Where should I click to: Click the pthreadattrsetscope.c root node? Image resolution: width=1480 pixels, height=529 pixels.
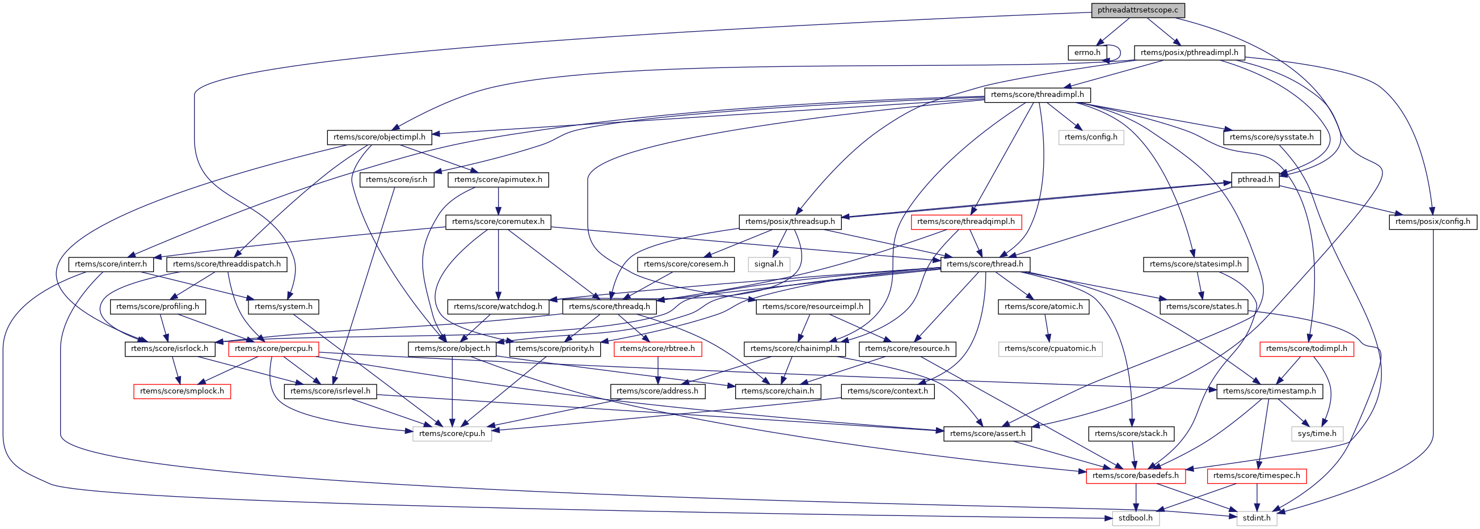click(x=1137, y=10)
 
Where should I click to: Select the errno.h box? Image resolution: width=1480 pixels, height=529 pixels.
click(x=1087, y=53)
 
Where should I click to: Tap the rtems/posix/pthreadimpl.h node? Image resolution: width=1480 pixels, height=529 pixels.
click(x=1190, y=53)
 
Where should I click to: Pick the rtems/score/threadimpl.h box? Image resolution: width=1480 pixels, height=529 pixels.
click(x=1037, y=95)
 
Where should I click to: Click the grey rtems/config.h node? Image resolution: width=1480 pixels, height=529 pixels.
click(x=1090, y=137)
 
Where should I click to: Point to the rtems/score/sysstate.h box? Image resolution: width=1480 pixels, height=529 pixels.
click(x=1271, y=137)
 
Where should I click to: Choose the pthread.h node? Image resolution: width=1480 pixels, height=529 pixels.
click(x=1255, y=180)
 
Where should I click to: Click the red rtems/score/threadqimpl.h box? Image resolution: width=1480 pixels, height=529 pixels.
click(x=966, y=222)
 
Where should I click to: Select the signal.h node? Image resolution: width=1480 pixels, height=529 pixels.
click(x=769, y=264)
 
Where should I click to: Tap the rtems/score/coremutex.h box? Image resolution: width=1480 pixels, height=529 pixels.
click(x=498, y=222)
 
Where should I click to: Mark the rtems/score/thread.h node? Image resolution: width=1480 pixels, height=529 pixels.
click(x=985, y=264)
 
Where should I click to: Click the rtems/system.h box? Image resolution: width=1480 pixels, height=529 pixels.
click(x=283, y=307)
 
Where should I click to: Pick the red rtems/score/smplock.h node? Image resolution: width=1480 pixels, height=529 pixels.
click(x=182, y=391)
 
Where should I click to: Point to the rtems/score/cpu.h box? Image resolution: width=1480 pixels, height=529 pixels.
click(x=452, y=434)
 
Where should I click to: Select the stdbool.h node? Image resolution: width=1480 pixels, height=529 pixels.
click(x=1135, y=518)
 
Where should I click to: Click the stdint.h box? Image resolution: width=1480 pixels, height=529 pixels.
click(x=1256, y=518)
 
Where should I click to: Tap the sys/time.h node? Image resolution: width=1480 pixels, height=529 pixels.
click(x=1317, y=434)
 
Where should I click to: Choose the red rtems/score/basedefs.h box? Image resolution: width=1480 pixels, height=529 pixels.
click(x=1135, y=476)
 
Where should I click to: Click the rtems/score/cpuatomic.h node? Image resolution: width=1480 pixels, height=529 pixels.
click(x=1049, y=349)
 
